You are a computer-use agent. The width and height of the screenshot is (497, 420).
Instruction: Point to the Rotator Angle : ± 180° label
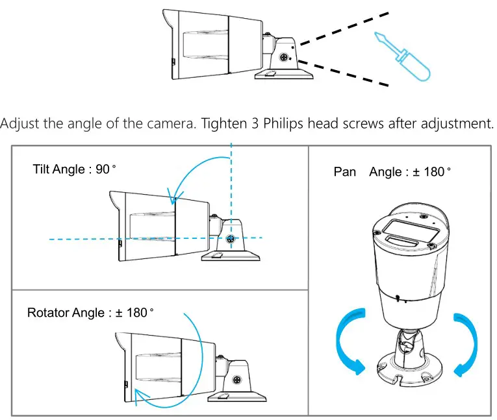click(90, 313)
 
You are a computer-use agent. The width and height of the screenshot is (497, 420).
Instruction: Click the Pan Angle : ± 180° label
click(392, 172)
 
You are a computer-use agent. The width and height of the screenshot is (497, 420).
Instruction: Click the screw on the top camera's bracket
click(285, 57)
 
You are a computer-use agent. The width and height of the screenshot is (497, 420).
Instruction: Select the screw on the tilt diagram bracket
click(230, 239)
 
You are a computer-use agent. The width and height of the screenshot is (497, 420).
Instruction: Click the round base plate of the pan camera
click(409, 373)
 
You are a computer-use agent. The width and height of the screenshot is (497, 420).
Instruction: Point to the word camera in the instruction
click(171, 123)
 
